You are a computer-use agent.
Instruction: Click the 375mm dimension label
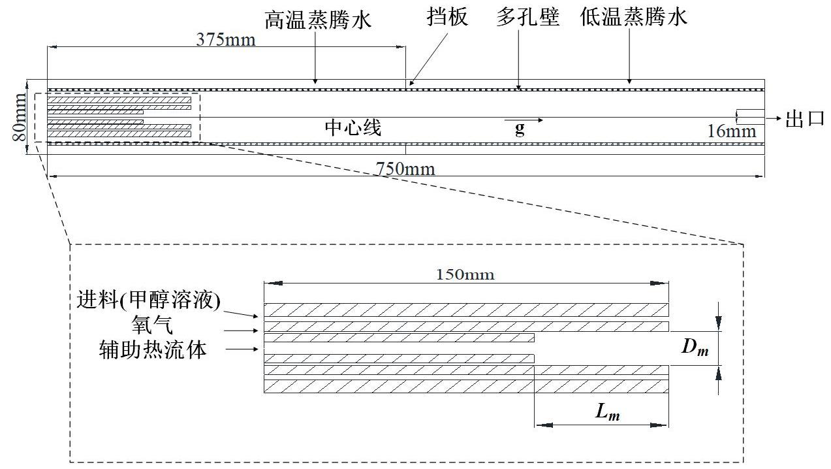pyautogui.click(x=226, y=40)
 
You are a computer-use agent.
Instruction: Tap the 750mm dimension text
pyautogui.click(x=405, y=169)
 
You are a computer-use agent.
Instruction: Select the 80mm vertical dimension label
pyautogui.click(x=20, y=118)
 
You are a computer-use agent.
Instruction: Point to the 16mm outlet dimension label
pyautogui.click(x=732, y=131)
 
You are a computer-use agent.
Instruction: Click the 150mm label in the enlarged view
pyautogui.click(x=465, y=275)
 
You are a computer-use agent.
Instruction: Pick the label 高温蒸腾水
pyautogui.click(x=318, y=20)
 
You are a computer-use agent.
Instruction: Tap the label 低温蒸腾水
pyautogui.click(x=634, y=17)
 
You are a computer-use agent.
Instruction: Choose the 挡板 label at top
pyautogui.click(x=447, y=17)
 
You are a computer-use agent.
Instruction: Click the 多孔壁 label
pyautogui.click(x=527, y=17)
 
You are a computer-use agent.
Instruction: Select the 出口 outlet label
pyautogui.click(x=805, y=119)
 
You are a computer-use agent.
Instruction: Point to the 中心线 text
pyautogui.click(x=353, y=128)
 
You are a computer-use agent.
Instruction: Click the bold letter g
pyautogui.click(x=520, y=129)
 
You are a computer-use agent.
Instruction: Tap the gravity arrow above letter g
pyautogui.click(x=524, y=120)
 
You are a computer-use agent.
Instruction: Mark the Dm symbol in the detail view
pyautogui.click(x=695, y=348)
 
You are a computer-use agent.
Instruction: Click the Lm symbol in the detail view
pyautogui.click(x=607, y=412)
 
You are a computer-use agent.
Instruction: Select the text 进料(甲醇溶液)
pyautogui.click(x=148, y=300)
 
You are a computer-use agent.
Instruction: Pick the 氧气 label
pyautogui.click(x=152, y=326)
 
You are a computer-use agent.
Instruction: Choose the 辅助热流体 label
pyautogui.click(x=153, y=350)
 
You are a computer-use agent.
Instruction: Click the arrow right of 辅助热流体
pyautogui.click(x=242, y=349)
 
